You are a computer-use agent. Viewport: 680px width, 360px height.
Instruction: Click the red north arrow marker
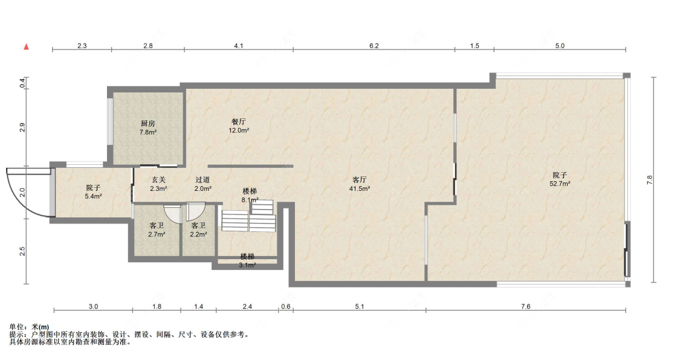pyautogui.click(x=27, y=47)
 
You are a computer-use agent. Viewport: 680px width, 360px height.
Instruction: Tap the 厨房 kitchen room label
pyautogui.click(x=148, y=128)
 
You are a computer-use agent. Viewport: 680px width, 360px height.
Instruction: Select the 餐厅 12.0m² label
pyautogui.click(x=239, y=126)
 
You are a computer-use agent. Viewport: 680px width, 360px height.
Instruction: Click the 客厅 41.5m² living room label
pyautogui.click(x=360, y=184)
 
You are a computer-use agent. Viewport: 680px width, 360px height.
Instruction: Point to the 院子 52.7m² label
pyautogui.click(x=560, y=179)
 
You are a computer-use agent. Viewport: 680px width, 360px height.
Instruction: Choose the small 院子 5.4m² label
pyautogui.click(x=93, y=192)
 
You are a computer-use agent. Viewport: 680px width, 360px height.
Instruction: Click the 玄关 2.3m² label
pyautogui.click(x=158, y=184)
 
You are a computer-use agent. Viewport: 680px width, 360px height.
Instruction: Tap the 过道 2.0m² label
pyautogui.click(x=202, y=184)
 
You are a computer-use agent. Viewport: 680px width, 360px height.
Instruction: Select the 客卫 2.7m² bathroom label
pyautogui.click(x=157, y=230)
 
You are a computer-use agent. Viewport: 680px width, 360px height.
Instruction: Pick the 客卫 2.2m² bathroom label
pyautogui.click(x=198, y=230)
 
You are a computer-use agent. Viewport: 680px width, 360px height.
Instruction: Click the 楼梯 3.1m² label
pyautogui.click(x=247, y=261)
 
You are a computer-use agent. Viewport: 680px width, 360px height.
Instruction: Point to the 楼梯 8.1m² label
pyautogui.click(x=250, y=195)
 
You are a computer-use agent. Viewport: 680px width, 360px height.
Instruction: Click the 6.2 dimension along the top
pyautogui.click(x=374, y=45)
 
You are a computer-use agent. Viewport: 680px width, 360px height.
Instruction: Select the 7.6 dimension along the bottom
pyautogui.click(x=526, y=306)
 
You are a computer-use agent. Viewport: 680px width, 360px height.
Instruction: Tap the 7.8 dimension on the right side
pyautogui.click(x=649, y=180)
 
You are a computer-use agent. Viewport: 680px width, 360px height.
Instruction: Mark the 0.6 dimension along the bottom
pyautogui.click(x=286, y=306)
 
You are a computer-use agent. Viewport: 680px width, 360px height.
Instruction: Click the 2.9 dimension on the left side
pyautogui.click(x=22, y=127)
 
